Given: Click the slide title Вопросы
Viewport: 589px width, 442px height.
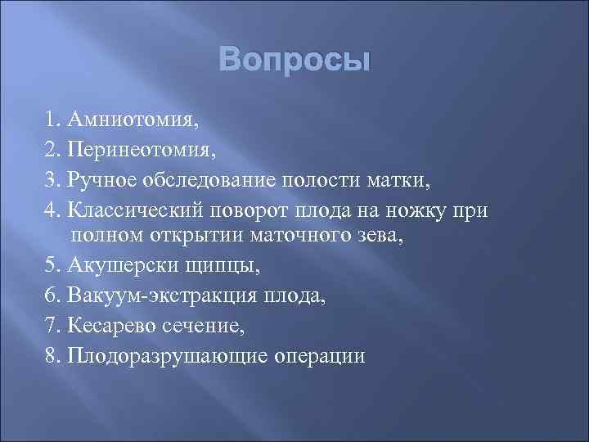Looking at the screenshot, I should tap(294, 61).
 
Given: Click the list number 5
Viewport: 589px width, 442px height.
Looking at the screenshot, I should tap(51, 267).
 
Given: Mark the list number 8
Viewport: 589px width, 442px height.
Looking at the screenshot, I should tap(51, 355).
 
